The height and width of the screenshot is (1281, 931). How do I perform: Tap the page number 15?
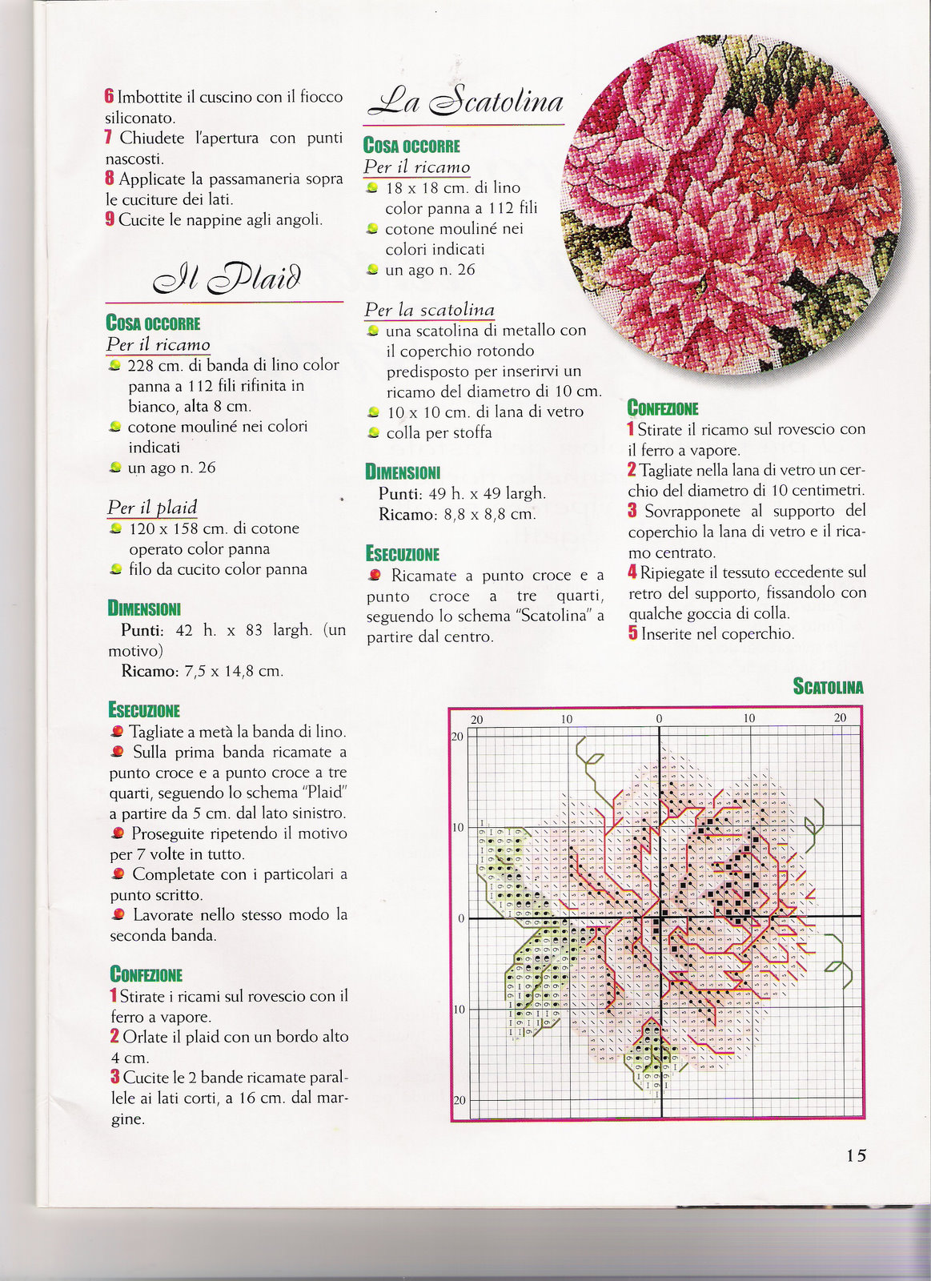(x=856, y=1155)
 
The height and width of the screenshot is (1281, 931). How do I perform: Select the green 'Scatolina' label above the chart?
(x=828, y=686)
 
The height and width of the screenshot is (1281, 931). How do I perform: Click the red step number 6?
(x=109, y=97)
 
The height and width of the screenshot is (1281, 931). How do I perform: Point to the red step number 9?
(x=110, y=219)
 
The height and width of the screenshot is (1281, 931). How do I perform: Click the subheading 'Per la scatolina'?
(x=429, y=310)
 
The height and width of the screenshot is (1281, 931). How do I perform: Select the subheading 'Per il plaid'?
(x=152, y=508)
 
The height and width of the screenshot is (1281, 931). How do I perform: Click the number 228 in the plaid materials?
(x=141, y=365)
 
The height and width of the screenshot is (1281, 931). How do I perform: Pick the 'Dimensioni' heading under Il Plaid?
(x=144, y=608)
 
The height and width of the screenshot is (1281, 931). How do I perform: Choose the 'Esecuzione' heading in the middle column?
(x=403, y=554)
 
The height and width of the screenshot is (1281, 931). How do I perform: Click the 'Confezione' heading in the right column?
(x=663, y=408)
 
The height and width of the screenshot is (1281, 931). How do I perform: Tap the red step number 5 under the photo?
(x=632, y=634)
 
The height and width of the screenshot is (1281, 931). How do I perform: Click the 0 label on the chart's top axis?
(x=659, y=719)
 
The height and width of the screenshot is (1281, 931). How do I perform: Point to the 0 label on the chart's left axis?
(x=460, y=918)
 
